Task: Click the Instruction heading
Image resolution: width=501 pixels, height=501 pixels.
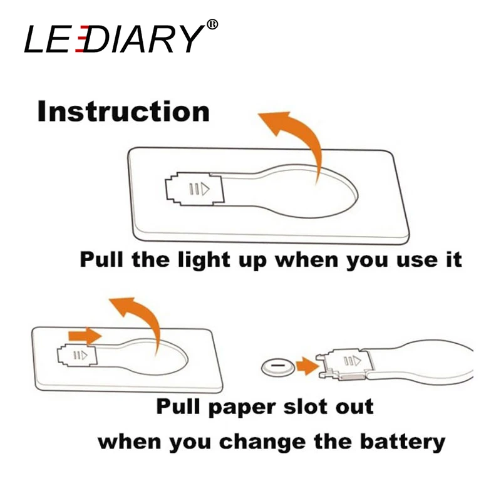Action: [x=123, y=111]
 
